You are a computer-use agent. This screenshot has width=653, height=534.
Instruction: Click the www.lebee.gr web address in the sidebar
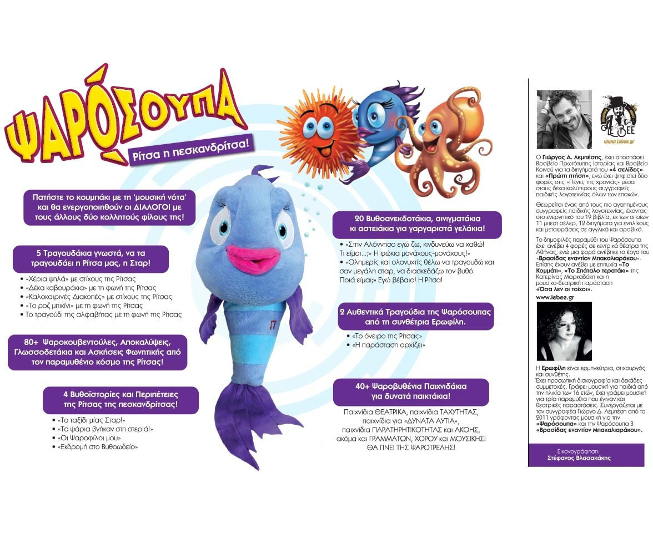point(555,297)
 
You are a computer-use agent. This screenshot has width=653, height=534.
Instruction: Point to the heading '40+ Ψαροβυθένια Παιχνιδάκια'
point(411,391)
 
